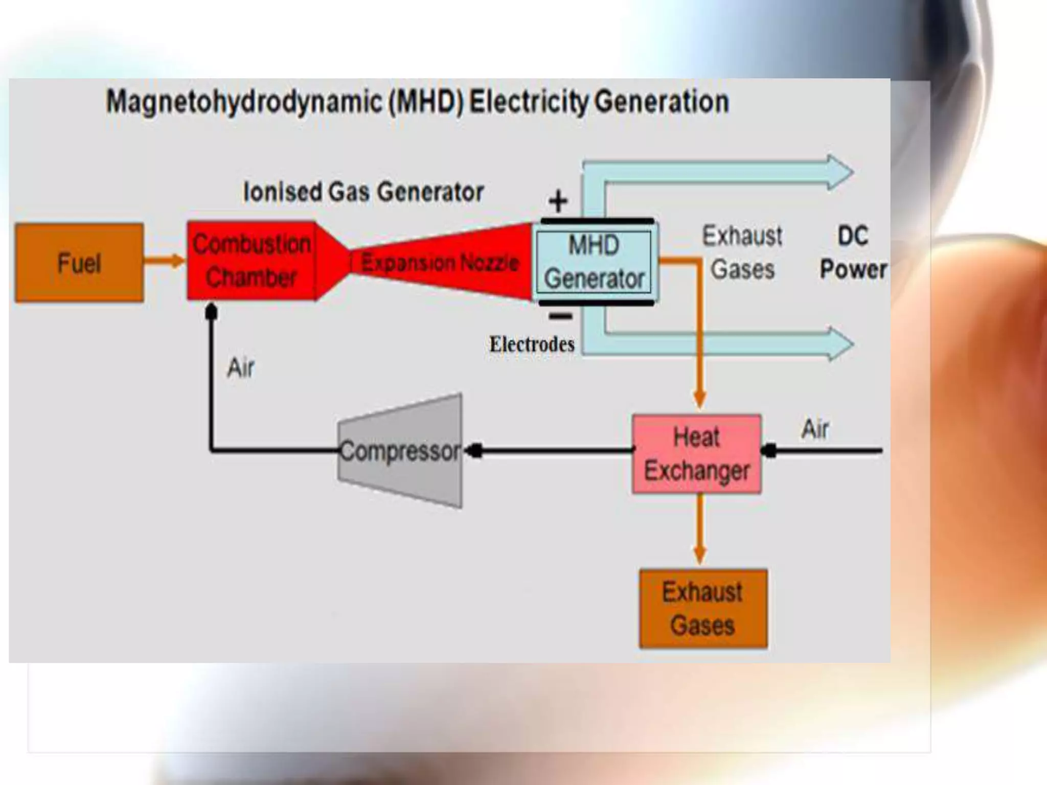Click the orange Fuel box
pyautogui.click(x=79, y=263)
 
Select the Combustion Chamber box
pyautogui.click(x=251, y=261)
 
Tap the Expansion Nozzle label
pyautogui.click(x=440, y=263)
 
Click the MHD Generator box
pyautogui.click(x=594, y=262)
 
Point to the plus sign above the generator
pyautogui.click(x=558, y=201)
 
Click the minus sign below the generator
pyautogui.click(x=560, y=316)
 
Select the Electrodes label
pyautogui.click(x=532, y=344)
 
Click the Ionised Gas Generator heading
pyautogui.click(x=363, y=192)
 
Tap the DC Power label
pyautogui.click(x=853, y=252)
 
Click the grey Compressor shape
pyautogui.click(x=400, y=451)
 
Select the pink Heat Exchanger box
pyautogui.click(x=696, y=454)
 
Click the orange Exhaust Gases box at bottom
pyautogui.click(x=703, y=609)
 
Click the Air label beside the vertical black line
pyautogui.click(x=240, y=367)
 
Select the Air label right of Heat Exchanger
pyautogui.click(x=815, y=429)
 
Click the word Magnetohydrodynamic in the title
pyautogui.click(x=244, y=102)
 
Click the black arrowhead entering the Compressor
pyautogui.click(x=474, y=451)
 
